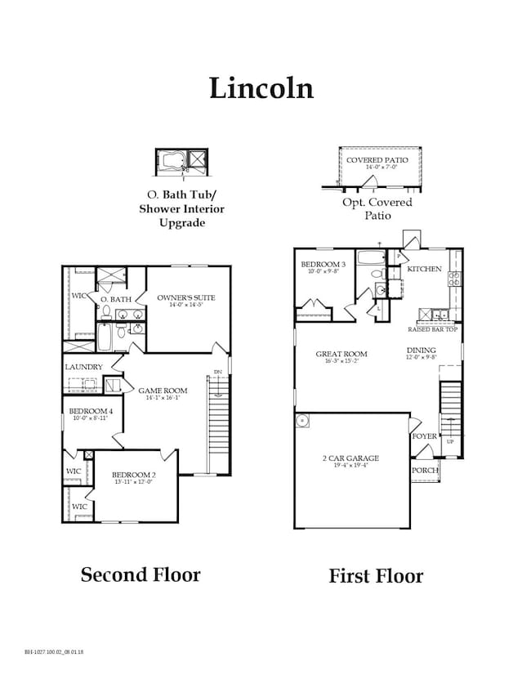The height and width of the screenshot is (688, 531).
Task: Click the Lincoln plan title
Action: tap(261, 87)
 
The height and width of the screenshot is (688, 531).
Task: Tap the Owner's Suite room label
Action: tap(186, 297)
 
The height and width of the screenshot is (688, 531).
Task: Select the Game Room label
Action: tap(162, 391)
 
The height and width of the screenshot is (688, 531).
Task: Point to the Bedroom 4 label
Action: tap(88, 411)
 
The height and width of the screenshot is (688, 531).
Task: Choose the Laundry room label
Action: tap(83, 368)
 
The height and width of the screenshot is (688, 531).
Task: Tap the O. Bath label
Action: tap(116, 300)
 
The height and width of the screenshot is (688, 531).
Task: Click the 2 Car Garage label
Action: tap(350, 459)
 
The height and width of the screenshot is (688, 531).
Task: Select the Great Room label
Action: tap(341, 355)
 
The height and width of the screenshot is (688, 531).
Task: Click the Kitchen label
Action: tap(425, 269)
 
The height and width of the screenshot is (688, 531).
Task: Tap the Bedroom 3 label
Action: tap(323, 265)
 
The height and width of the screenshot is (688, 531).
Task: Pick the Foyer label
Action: tap(424, 436)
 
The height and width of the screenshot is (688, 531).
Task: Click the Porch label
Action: tap(426, 471)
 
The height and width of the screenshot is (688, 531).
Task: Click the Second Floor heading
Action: tap(140, 574)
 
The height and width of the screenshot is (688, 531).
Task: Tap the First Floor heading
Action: tap(376, 576)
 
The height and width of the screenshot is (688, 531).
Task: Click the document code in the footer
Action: tap(54, 652)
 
